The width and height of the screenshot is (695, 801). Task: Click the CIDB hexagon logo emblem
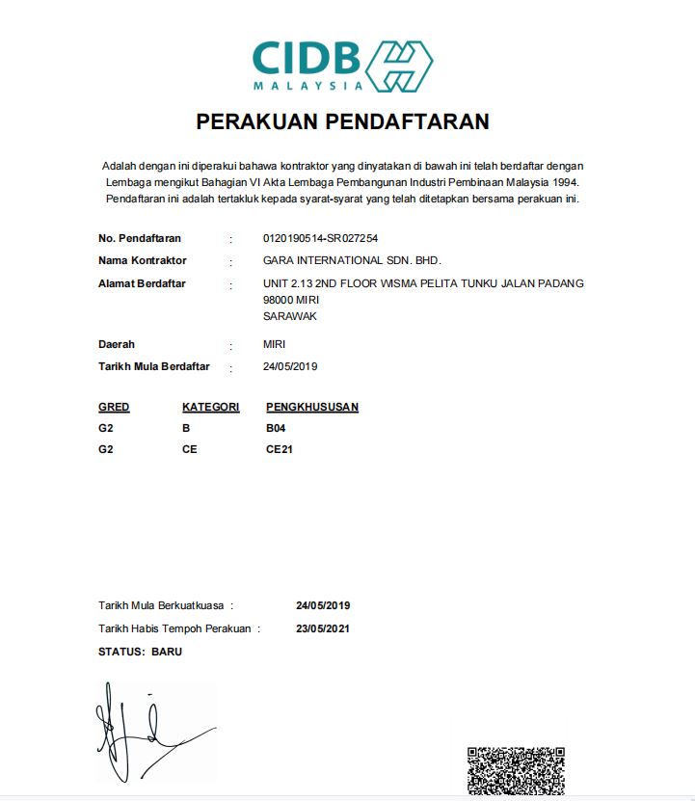400,67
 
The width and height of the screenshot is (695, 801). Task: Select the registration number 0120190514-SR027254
320,238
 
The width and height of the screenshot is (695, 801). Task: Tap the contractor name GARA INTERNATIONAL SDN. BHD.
352,261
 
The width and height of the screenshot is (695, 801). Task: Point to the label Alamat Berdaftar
142,283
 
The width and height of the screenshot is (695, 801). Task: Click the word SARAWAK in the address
290,316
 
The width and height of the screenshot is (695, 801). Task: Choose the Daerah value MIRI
274,344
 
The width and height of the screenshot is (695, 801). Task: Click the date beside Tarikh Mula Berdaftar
290,367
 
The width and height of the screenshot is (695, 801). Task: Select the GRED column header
114,408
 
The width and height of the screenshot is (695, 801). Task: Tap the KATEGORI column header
210,408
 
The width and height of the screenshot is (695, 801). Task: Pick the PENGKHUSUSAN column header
312,408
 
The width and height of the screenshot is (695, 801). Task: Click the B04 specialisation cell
276,428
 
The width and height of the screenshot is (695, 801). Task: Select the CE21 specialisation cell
280,449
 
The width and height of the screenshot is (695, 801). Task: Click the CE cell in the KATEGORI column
189,449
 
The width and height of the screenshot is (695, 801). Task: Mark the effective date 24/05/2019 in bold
323,606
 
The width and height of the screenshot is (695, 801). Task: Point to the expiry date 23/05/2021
323,629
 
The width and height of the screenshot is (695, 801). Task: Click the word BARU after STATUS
167,652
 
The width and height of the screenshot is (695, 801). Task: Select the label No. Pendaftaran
140,238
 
